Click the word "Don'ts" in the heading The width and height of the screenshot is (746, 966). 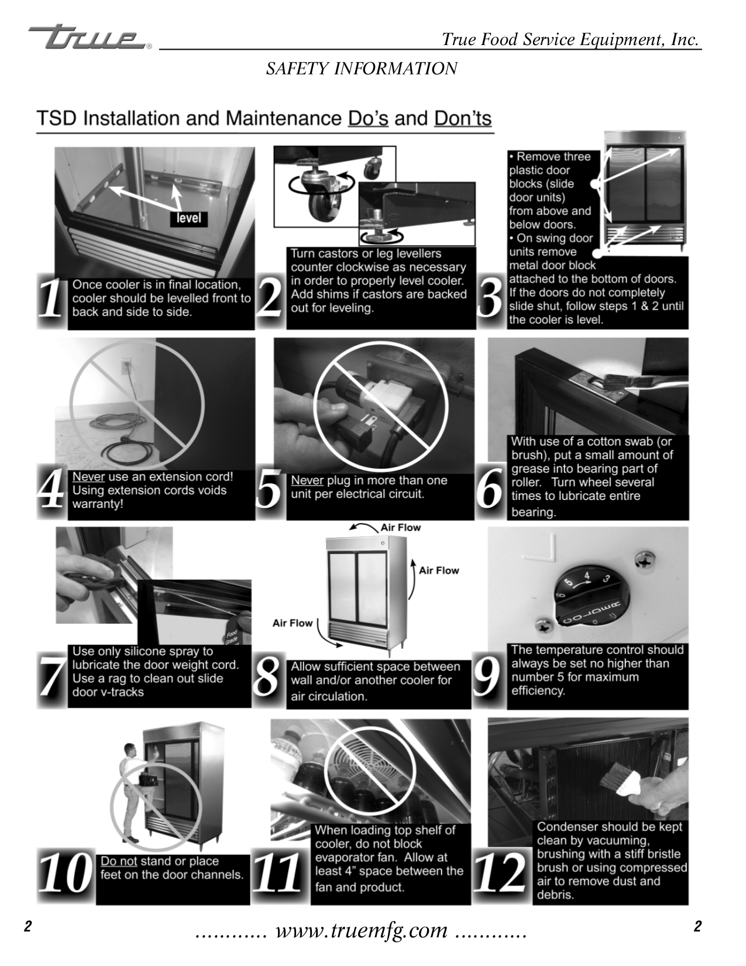[462, 118]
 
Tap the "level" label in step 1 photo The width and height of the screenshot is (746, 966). [188, 218]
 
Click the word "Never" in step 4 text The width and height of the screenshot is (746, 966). [88, 477]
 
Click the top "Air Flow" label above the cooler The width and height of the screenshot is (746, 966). [400, 527]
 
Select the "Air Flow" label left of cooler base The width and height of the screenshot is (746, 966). [293, 623]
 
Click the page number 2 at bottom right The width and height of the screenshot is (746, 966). [697, 927]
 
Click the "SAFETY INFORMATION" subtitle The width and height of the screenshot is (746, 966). [362, 69]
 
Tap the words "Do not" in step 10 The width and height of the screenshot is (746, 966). [119, 861]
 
